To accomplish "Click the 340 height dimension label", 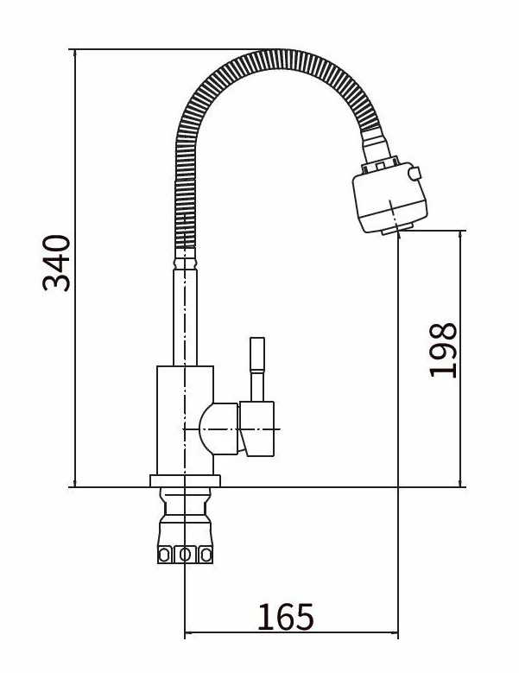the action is tap(56, 263).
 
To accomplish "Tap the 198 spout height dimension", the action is tap(443, 350).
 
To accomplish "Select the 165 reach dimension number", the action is tap(286, 617).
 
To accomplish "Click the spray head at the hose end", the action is tap(389, 198).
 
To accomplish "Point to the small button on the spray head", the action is tap(415, 173).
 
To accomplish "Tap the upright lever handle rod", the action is tap(257, 369).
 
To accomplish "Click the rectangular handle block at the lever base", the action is tap(257, 429).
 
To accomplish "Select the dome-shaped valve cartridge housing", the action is tap(218, 429).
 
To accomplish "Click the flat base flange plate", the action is tap(185, 480).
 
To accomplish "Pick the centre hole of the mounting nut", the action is tap(185, 555).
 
